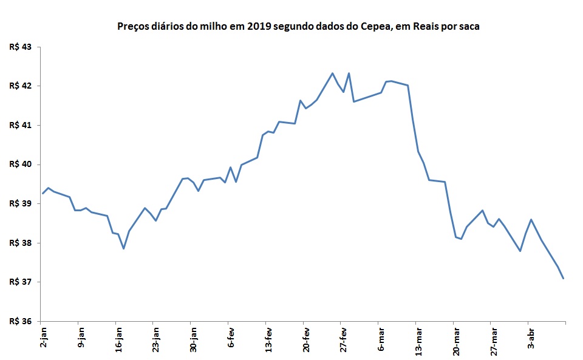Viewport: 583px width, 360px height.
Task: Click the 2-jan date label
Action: coord(43,336)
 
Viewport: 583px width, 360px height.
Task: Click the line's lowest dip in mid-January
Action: coord(123,248)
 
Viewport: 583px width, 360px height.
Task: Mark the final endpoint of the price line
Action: coord(564,279)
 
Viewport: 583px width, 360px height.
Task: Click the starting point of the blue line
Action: coord(43,194)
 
